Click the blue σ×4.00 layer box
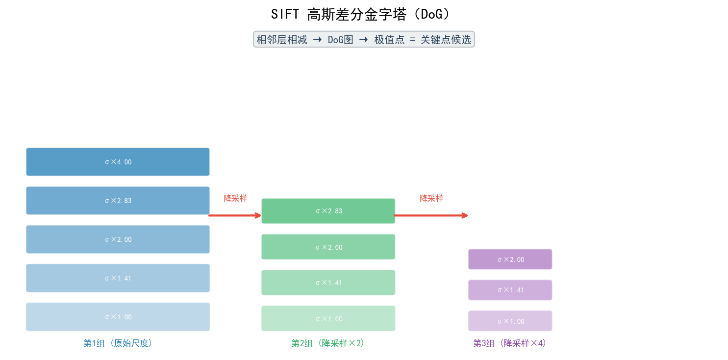tap(118, 162)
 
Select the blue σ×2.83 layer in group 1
tap(118, 201)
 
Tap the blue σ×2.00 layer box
tap(118, 239)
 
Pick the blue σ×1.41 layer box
tap(118, 278)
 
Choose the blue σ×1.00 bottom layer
tap(118, 317)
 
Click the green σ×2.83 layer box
tap(328, 211)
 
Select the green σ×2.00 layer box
tap(328, 247)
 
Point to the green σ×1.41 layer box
tap(328, 283)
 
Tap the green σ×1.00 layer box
tap(328, 318)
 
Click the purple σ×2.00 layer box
tap(510, 259)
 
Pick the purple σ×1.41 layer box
tap(510, 290)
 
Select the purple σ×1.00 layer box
tap(510, 321)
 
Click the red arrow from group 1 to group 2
tap(235, 215)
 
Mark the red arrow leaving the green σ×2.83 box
tap(431, 215)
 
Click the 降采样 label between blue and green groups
tap(235, 198)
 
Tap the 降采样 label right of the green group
tap(431, 198)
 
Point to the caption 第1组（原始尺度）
tap(118, 343)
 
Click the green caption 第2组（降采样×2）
tap(328, 343)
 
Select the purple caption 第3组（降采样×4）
tap(510, 343)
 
